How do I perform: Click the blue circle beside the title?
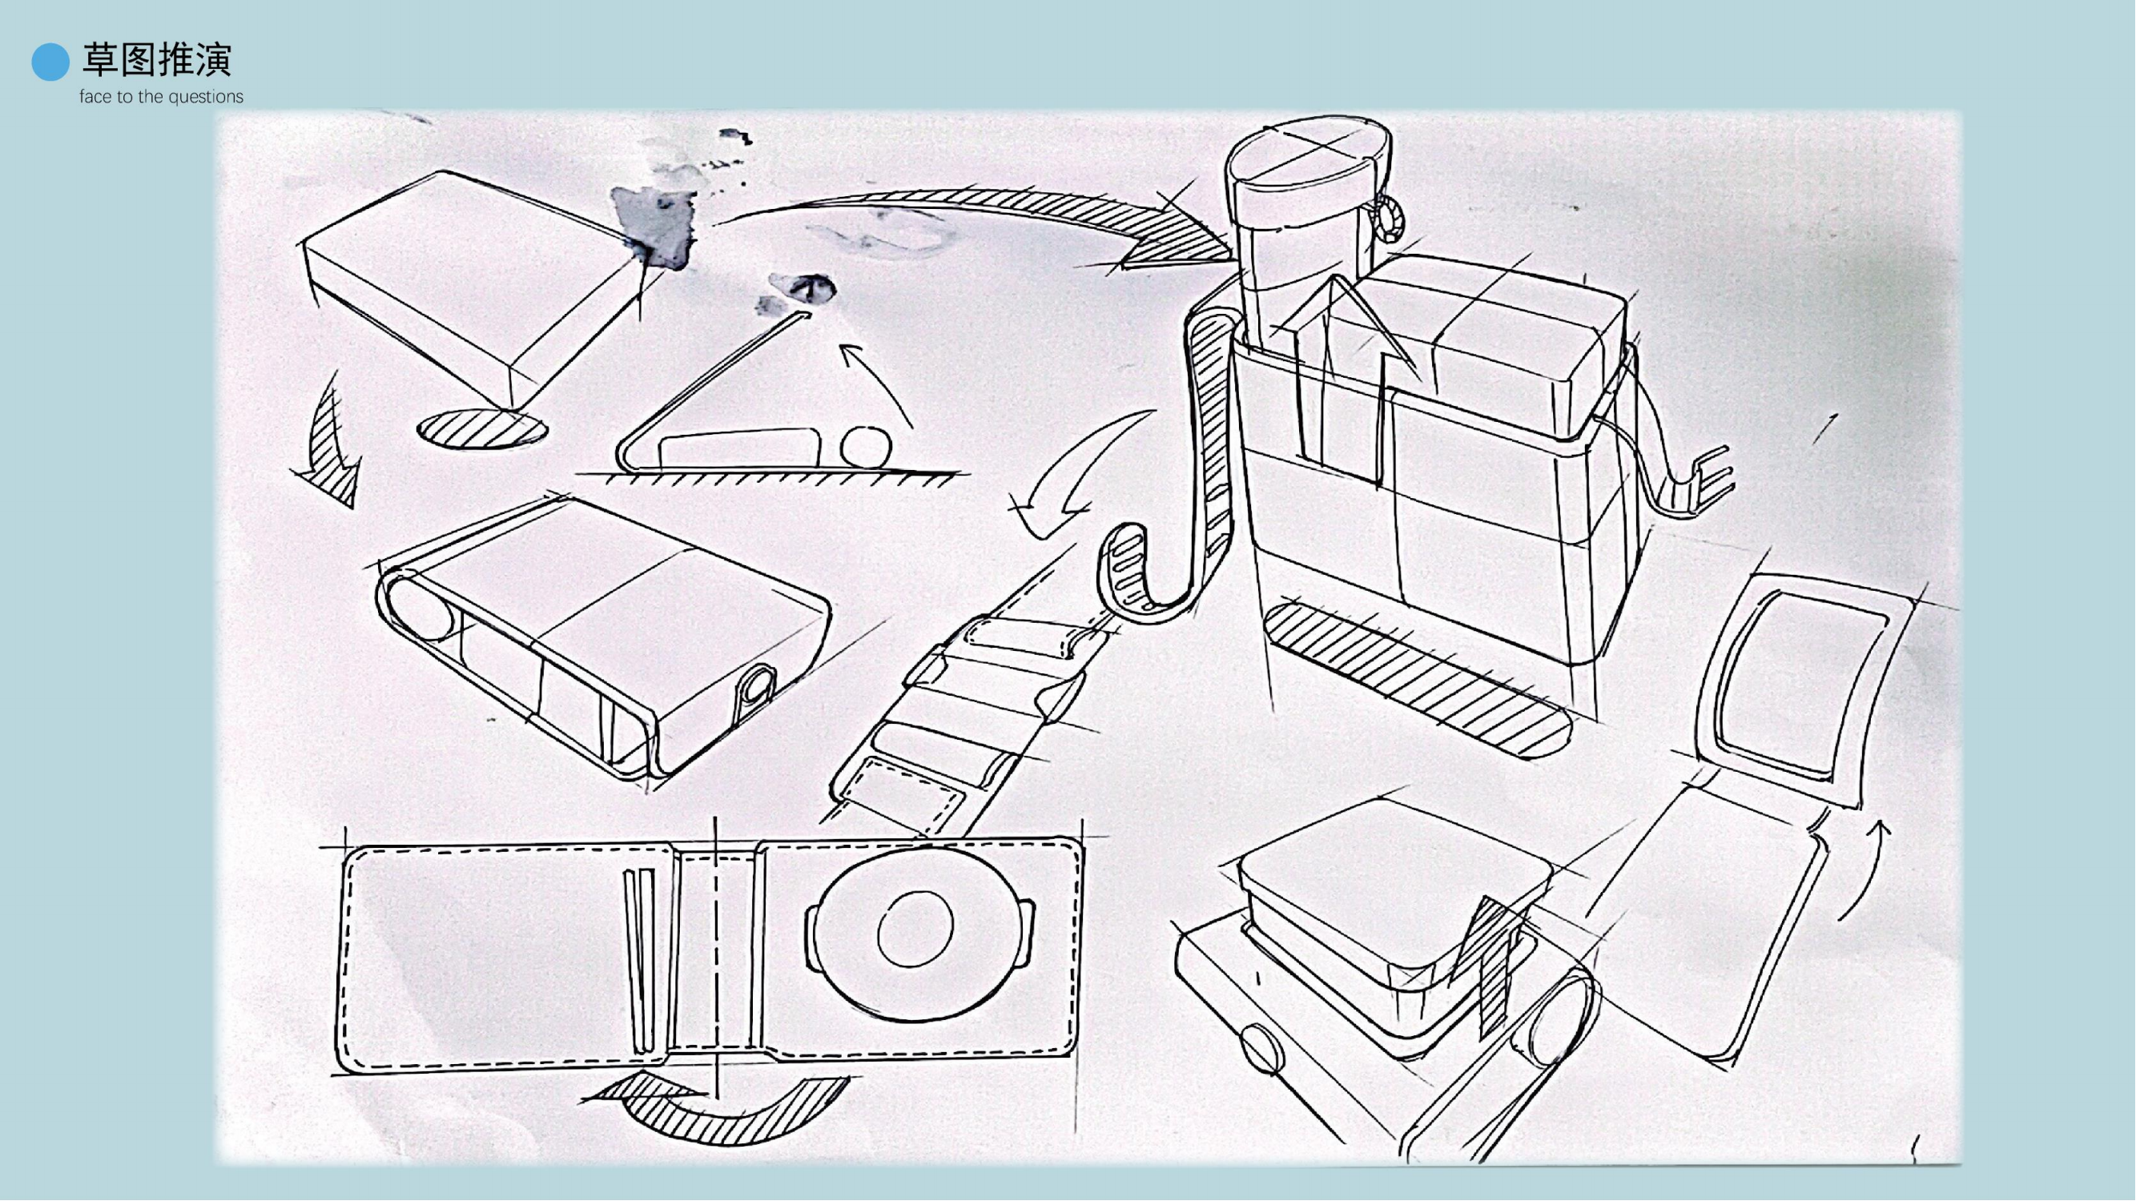click(50, 62)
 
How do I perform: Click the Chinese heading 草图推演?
click(156, 60)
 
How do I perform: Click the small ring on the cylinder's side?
click(1390, 218)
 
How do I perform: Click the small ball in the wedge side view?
click(866, 447)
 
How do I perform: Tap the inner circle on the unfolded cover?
click(915, 929)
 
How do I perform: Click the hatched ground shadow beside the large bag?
click(1418, 680)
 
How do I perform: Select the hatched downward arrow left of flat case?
click(332, 448)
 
